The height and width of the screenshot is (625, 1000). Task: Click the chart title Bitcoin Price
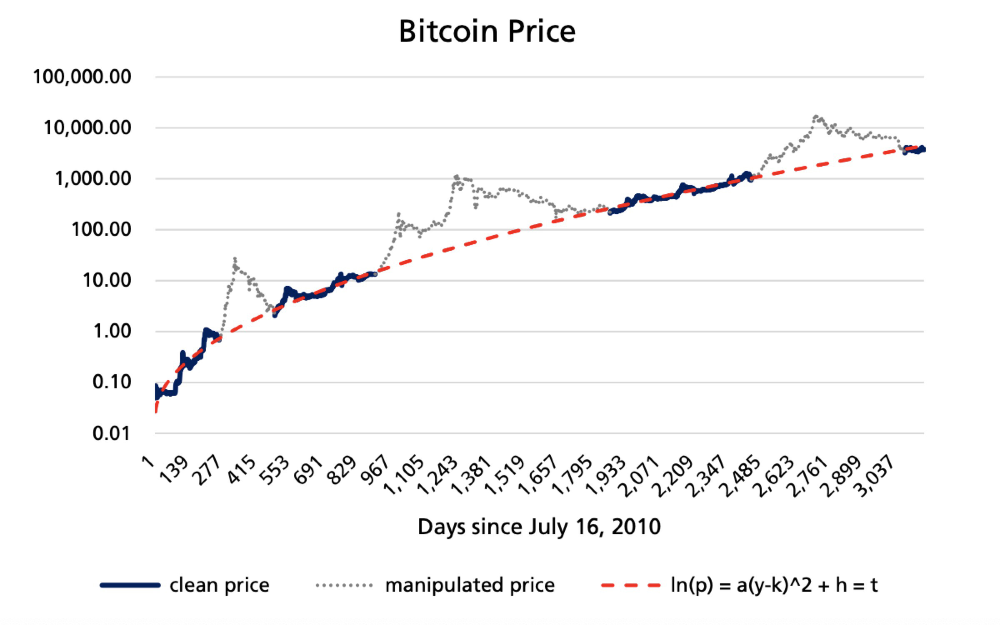(x=487, y=32)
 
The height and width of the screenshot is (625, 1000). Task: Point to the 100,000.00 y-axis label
(x=82, y=77)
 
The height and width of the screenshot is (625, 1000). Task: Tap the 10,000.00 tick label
(x=87, y=128)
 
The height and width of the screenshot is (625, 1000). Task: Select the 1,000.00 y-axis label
(x=92, y=179)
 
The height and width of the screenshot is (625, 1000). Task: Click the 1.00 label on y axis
(x=112, y=332)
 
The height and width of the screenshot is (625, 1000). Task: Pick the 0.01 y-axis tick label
(x=111, y=434)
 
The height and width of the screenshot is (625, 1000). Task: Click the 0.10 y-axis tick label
(x=112, y=382)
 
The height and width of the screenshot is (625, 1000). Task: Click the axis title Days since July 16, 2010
(x=539, y=527)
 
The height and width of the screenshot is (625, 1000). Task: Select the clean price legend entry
(x=219, y=585)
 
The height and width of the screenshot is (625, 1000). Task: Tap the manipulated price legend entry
(x=470, y=585)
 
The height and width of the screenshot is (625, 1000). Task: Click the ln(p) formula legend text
(x=774, y=585)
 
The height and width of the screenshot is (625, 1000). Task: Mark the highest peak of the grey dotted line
(x=816, y=117)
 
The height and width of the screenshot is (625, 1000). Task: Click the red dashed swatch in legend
(x=631, y=585)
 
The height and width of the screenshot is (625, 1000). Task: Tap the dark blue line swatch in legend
(x=130, y=585)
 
